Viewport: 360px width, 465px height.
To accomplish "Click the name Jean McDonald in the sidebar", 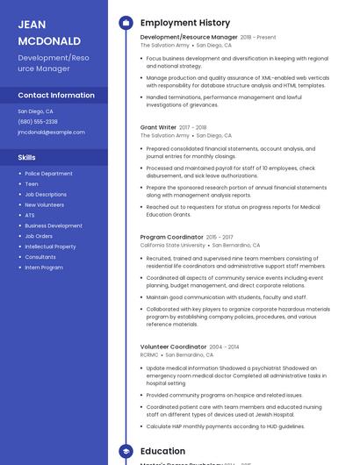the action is coord(49,32).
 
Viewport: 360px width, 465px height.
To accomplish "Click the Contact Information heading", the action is coord(56,95).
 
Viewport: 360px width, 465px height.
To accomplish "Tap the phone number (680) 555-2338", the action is coord(38,122).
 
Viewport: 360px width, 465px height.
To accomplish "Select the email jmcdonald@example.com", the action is coord(52,132).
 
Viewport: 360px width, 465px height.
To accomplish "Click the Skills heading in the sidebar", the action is coord(27,157).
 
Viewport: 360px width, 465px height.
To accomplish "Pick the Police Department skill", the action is coord(48,174).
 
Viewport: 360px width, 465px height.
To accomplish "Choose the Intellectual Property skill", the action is coord(50,247).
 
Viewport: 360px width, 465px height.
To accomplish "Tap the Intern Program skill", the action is coord(44,267).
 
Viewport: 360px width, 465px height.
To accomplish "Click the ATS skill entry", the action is coord(30,215).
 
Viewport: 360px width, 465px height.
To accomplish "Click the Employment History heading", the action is coord(185,23).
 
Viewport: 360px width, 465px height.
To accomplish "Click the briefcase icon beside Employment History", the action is coord(125,23).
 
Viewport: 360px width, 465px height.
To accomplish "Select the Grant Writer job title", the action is coord(159,127).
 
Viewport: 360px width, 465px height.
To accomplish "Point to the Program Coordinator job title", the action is coord(172,237).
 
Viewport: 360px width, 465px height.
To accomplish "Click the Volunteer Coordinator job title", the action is coord(173,347).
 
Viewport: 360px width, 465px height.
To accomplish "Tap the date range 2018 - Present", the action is coord(258,38).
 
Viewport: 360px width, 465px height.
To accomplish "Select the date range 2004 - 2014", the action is coord(224,347).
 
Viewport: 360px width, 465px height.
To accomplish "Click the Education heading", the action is coord(163,451).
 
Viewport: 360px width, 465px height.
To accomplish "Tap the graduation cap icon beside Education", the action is coord(125,451).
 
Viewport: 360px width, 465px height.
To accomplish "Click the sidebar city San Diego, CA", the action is coord(36,111).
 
